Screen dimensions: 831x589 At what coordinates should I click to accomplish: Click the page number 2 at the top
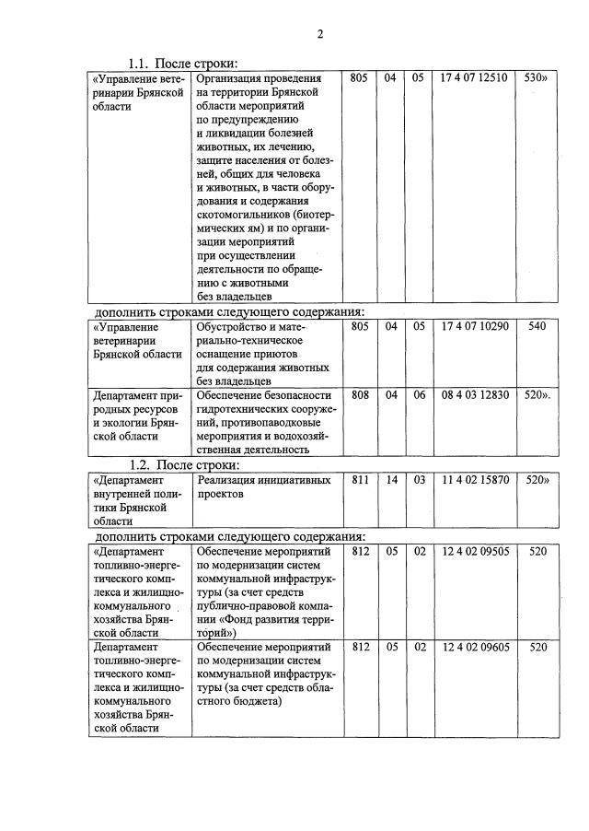(320, 35)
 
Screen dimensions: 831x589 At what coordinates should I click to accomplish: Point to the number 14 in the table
(390, 480)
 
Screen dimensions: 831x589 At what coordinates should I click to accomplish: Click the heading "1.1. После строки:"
(183, 64)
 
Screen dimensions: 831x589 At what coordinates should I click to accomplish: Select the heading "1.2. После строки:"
(183, 464)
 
